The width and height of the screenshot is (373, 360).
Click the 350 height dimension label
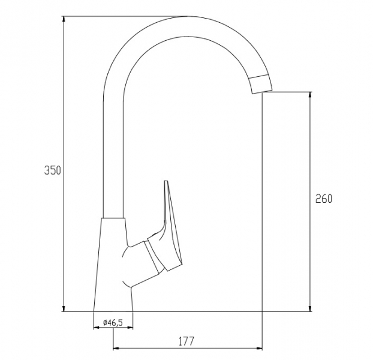(x=53, y=170)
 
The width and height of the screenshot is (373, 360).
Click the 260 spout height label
(x=323, y=199)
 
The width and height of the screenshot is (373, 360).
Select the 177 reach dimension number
(x=186, y=341)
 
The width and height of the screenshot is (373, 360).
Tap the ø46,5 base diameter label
(x=113, y=323)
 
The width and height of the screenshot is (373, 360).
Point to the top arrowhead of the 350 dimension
(x=64, y=19)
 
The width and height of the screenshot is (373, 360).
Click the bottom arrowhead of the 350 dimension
(x=64, y=308)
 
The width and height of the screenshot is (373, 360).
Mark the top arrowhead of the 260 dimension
(x=310, y=95)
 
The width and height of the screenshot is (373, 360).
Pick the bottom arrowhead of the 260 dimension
(x=310, y=308)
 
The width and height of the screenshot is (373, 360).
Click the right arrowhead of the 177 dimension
(x=259, y=349)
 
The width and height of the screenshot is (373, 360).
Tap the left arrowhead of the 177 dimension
(x=116, y=349)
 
